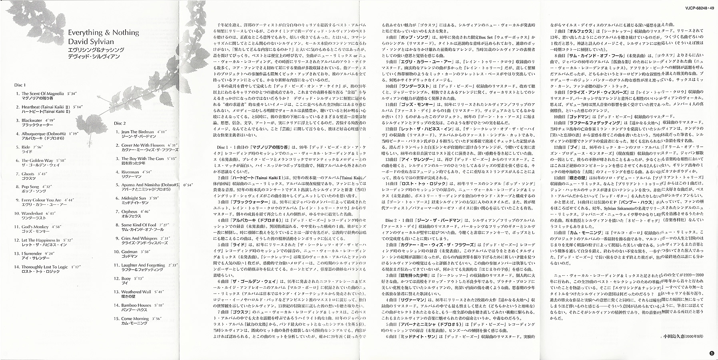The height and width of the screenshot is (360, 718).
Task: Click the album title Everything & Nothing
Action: pos(103,32)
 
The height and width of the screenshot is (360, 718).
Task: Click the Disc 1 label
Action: pos(20,85)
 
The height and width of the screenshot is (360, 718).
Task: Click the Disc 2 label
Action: pos(120,123)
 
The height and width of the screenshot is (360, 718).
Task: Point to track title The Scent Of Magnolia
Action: pos(42,94)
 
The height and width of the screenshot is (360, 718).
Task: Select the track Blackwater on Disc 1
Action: pos(32,120)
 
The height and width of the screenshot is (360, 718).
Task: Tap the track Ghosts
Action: pos(28,174)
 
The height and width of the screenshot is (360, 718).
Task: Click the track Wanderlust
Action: pos(32,213)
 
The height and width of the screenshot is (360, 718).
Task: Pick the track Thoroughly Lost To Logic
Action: pos(45,267)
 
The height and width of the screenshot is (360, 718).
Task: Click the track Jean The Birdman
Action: pos(138,132)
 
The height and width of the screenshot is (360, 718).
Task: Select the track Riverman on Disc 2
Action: pos(130,172)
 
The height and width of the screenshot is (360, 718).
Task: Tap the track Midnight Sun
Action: pos(134,198)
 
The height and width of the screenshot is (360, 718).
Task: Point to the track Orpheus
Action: pos(129,211)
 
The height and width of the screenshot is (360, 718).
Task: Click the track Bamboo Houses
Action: pos(136,305)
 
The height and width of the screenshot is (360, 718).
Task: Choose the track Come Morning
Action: pos(135,318)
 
